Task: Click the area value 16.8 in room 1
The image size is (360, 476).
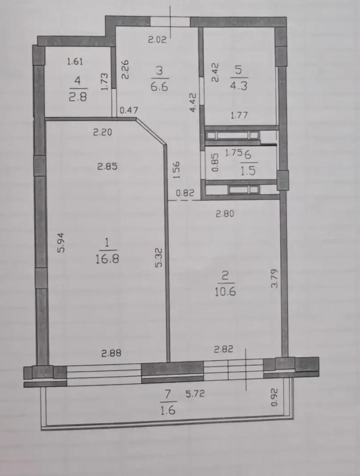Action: point(107,259)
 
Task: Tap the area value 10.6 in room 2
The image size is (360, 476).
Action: point(225,292)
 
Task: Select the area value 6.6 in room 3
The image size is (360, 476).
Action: point(159,87)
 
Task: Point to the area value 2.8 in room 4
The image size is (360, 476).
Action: point(78,96)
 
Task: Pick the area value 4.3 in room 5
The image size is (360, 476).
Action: point(239,85)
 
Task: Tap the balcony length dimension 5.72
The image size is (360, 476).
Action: point(195,394)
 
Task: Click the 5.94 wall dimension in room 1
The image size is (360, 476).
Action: point(61,242)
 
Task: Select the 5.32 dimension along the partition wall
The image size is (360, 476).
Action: point(159,258)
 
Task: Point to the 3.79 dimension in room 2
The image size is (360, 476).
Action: point(274,278)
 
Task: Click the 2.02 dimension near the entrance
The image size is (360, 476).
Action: point(157,39)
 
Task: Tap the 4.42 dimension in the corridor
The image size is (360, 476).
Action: point(193,103)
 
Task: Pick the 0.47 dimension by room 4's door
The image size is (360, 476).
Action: point(129,110)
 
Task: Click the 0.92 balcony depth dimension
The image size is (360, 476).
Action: point(274,397)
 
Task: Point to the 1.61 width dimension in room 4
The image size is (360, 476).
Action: point(75,61)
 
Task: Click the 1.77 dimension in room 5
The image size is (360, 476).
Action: point(239,115)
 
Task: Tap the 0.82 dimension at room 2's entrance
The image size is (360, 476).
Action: point(185,193)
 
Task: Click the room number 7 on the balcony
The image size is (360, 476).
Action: point(168,395)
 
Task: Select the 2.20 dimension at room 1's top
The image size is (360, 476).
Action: point(102,132)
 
